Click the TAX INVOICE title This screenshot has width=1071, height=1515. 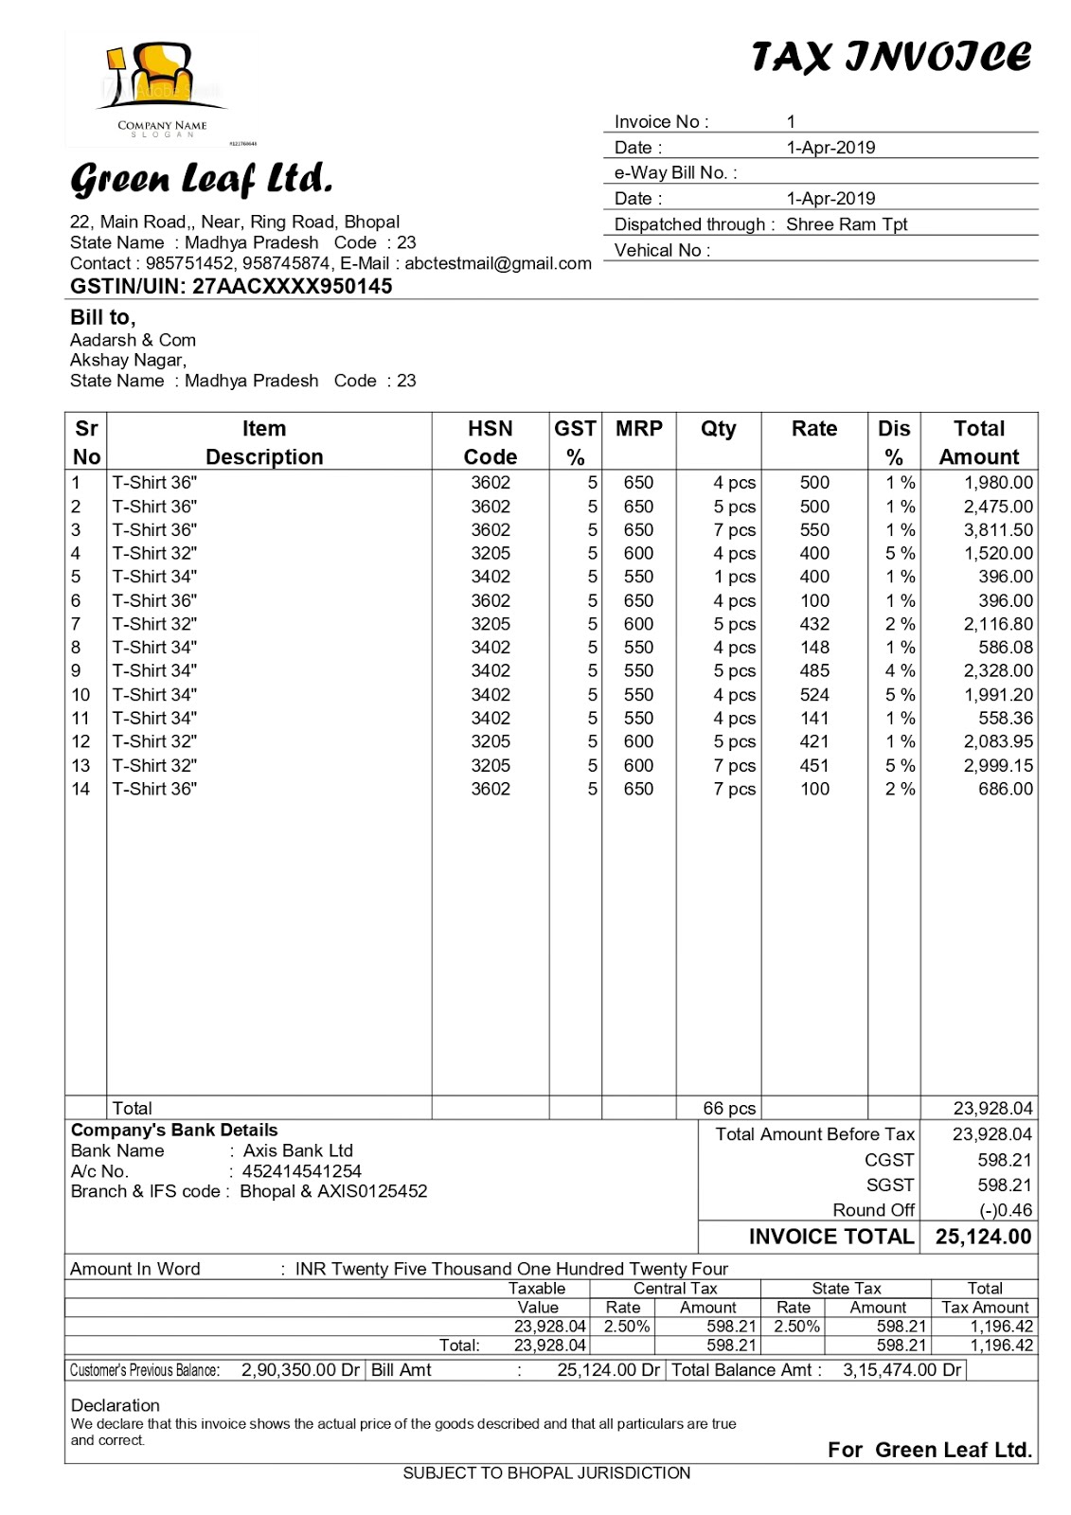point(890,58)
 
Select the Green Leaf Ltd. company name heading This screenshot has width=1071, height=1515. point(201,178)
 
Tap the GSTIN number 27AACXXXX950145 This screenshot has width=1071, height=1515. point(292,287)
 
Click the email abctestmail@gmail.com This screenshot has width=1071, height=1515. point(498,264)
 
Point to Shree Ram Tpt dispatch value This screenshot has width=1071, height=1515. point(846,224)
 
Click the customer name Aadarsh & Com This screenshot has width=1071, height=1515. point(133,340)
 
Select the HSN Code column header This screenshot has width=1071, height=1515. point(490,442)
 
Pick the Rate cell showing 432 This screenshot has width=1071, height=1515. point(813,624)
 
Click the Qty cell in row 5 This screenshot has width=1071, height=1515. point(735,577)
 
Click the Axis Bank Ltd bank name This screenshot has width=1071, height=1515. point(297,1150)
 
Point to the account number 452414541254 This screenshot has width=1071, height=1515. point(301,1171)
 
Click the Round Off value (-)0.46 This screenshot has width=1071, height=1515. point(1006,1210)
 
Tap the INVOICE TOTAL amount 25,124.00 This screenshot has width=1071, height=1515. point(983,1237)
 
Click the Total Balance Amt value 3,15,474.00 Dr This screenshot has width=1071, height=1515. point(901,1370)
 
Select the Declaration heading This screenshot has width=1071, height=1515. point(115,1405)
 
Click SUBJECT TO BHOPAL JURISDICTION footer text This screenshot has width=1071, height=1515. point(546,1473)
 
